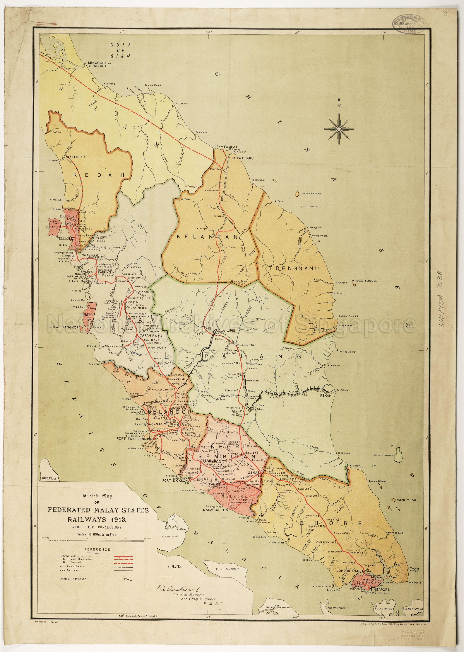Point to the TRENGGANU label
tap(293, 268)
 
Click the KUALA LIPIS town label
tap(224, 330)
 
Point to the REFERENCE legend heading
tap(97, 549)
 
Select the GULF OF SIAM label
tap(121, 50)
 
